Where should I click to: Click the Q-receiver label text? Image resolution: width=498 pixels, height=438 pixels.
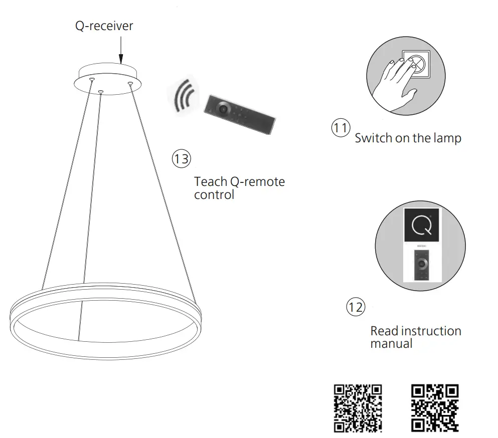(x=104, y=26)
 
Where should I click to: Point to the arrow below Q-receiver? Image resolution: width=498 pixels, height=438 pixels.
(x=121, y=50)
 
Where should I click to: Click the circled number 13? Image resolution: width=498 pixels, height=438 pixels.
(x=181, y=159)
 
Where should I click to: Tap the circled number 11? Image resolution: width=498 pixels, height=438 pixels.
(x=341, y=128)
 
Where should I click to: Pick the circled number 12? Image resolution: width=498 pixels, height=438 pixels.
(x=356, y=307)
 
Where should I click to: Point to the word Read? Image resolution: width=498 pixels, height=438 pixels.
(x=384, y=331)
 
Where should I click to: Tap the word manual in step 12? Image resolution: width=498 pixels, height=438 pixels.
(x=391, y=344)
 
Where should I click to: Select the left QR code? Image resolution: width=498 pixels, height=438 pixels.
(x=358, y=408)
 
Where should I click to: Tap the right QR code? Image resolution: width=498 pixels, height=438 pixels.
(x=435, y=408)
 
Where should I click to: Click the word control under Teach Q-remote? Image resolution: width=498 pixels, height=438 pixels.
(x=214, y=194)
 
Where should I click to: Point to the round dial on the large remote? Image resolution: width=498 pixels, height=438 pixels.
(x=222, y=107)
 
